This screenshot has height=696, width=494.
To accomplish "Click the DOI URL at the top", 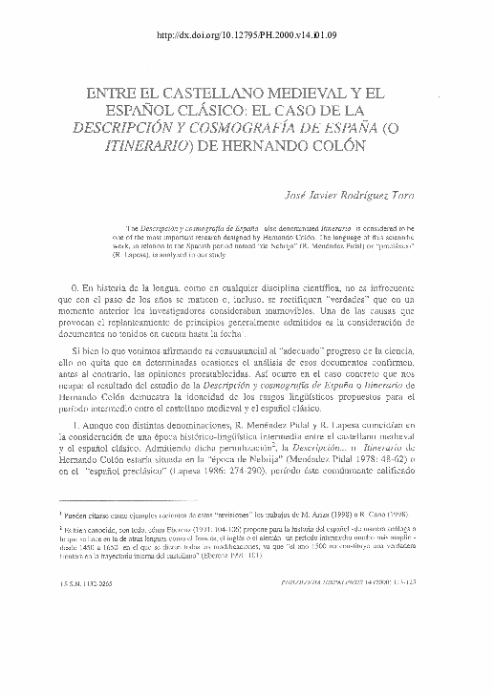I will pyautogui.click(x=247, y=37).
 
